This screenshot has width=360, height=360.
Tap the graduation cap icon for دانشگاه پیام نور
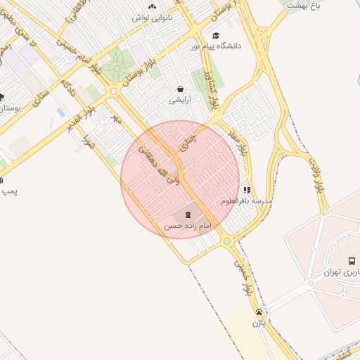216,35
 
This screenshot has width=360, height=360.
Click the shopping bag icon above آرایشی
181,89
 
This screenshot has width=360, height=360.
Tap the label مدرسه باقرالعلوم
247,201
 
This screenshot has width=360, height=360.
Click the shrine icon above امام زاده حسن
188,215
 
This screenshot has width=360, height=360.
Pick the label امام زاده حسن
188,226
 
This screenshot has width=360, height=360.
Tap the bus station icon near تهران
352,261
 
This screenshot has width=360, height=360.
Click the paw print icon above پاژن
259,311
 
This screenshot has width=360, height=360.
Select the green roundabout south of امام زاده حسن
227,241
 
